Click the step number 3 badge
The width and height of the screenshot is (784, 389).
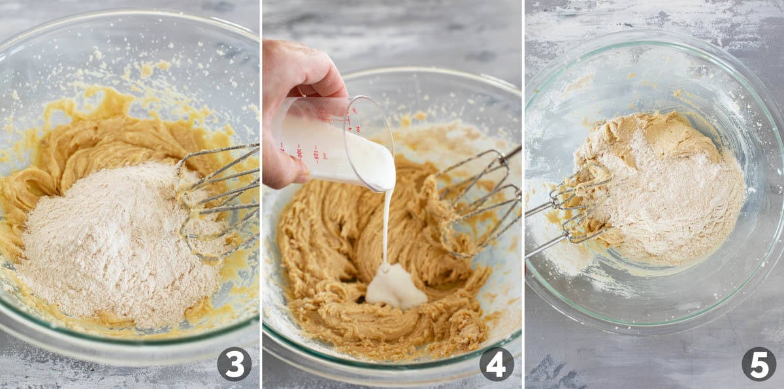coord(234,364)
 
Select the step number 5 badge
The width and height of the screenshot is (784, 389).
coord(759,364)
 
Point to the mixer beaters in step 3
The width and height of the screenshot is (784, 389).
coord(219,196)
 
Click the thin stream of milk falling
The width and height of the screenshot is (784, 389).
coord(386,228)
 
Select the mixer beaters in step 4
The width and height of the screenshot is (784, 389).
coord(477,196)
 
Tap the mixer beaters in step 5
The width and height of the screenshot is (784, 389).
coord(568,209)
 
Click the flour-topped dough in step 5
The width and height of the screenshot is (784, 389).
coord(660,189)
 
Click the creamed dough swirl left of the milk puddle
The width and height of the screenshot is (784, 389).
coord(320,261)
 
